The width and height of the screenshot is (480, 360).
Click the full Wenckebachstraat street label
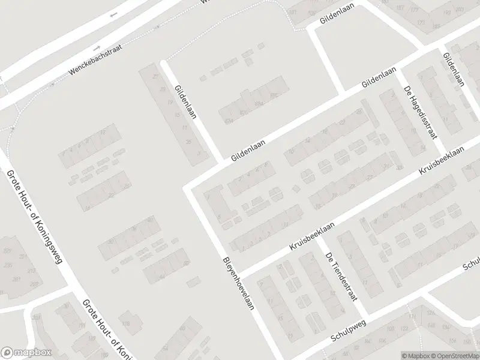pyautogui.click(x=95, y=59)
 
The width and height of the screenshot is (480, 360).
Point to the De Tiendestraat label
pyautogui.click(x=342, y=275)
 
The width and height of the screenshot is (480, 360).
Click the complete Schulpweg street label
pyautogui.click(x=347, y=331)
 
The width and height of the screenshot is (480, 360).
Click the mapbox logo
pyautogui.click(x=26, y=353)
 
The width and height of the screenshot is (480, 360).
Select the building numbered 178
pyautogui.click(x=126, y=324)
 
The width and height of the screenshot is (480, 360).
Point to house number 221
pyautogui.click(x=23, y=256)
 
